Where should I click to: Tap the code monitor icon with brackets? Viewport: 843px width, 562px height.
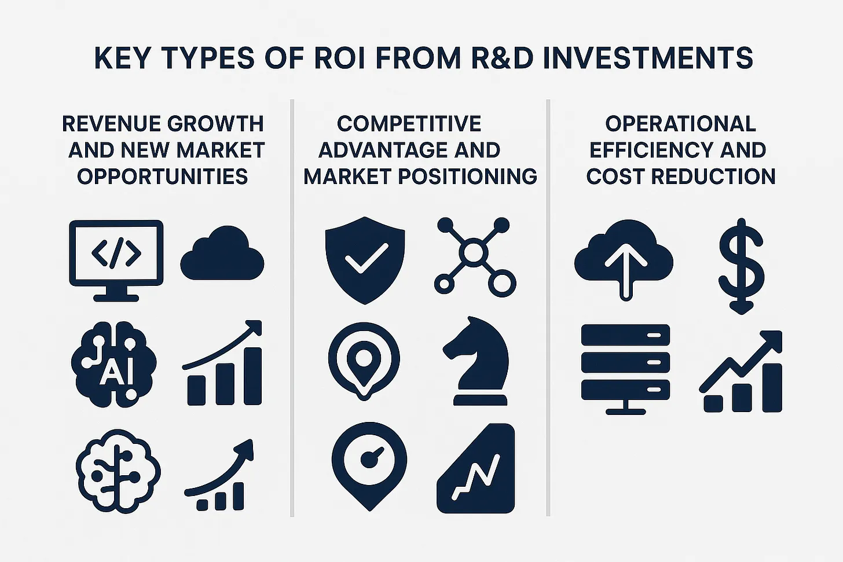pos(116,260)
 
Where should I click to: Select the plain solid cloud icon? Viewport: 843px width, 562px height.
pos(222,253)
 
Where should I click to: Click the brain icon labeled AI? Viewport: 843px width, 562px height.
pos(113,364)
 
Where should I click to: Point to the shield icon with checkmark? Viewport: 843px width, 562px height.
pos(365,260)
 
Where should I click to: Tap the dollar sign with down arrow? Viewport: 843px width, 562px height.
pos(741,266)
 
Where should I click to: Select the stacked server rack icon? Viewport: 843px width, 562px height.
pos(625,369)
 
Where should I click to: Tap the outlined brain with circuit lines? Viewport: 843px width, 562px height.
pos(118,471)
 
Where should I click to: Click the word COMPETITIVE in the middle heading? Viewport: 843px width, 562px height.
pos(409,124)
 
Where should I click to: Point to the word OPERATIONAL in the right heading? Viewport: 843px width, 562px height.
pos(681,124)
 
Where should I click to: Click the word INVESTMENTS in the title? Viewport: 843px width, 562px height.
pos(648,58)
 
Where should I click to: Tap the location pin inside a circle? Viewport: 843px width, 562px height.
pos(364,361)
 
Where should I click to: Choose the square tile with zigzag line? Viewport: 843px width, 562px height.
pos(476,468)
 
